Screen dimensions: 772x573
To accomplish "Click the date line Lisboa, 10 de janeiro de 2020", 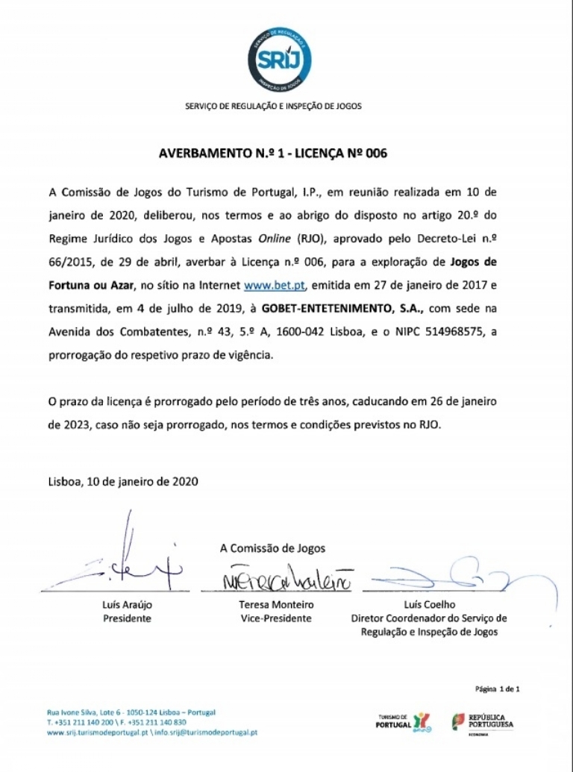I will coord(124,482).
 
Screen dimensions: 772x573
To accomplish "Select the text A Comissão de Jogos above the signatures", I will coord(272,548).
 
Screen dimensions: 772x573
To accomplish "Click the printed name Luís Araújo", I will coord(127,605).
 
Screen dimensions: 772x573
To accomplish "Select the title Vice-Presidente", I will coord(276,618).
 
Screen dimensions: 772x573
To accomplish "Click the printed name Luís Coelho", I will coord(429,605).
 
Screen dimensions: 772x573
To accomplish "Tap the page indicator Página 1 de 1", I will coord(497,688).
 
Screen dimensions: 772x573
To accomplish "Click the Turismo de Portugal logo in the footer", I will coord(402,722).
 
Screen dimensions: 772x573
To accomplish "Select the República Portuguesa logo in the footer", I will coord(483,721).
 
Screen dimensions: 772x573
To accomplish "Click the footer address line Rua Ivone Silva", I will coord(131,712).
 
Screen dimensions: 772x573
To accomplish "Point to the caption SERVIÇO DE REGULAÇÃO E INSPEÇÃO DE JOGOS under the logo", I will coord(273,106).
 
